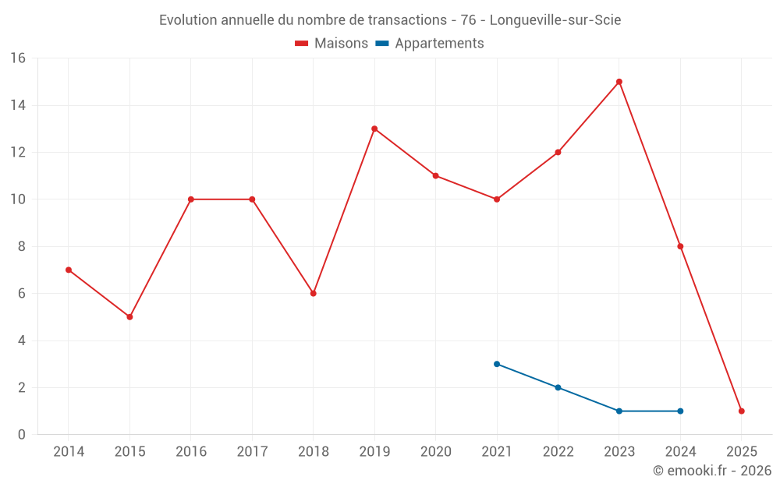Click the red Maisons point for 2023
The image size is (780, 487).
click(619, 82)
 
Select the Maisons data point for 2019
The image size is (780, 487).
click(374, 129)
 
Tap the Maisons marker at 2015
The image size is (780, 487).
click(129, 317)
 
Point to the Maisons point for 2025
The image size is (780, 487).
click(742, 411)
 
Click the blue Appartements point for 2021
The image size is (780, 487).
click(497, 364)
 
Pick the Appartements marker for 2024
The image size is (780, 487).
click(680, 411)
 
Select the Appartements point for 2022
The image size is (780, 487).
click(558, 387)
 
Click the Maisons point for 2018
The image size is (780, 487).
click(314, 294)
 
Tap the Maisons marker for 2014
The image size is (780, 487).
click(69, 270)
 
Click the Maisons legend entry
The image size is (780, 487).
click(331, 44)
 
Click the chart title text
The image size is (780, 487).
click(390, 20)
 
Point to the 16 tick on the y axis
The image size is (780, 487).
click(18, 58)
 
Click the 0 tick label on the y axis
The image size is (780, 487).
click(22, 435)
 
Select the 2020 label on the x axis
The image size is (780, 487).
click(436, 452)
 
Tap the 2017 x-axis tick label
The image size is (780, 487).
click(252, 452)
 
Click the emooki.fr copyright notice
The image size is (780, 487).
click(711, 471)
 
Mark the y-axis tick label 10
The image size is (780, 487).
click(18, 199)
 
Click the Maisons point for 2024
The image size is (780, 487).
click(680, 246)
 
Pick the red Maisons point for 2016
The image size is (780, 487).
click(191, 199)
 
